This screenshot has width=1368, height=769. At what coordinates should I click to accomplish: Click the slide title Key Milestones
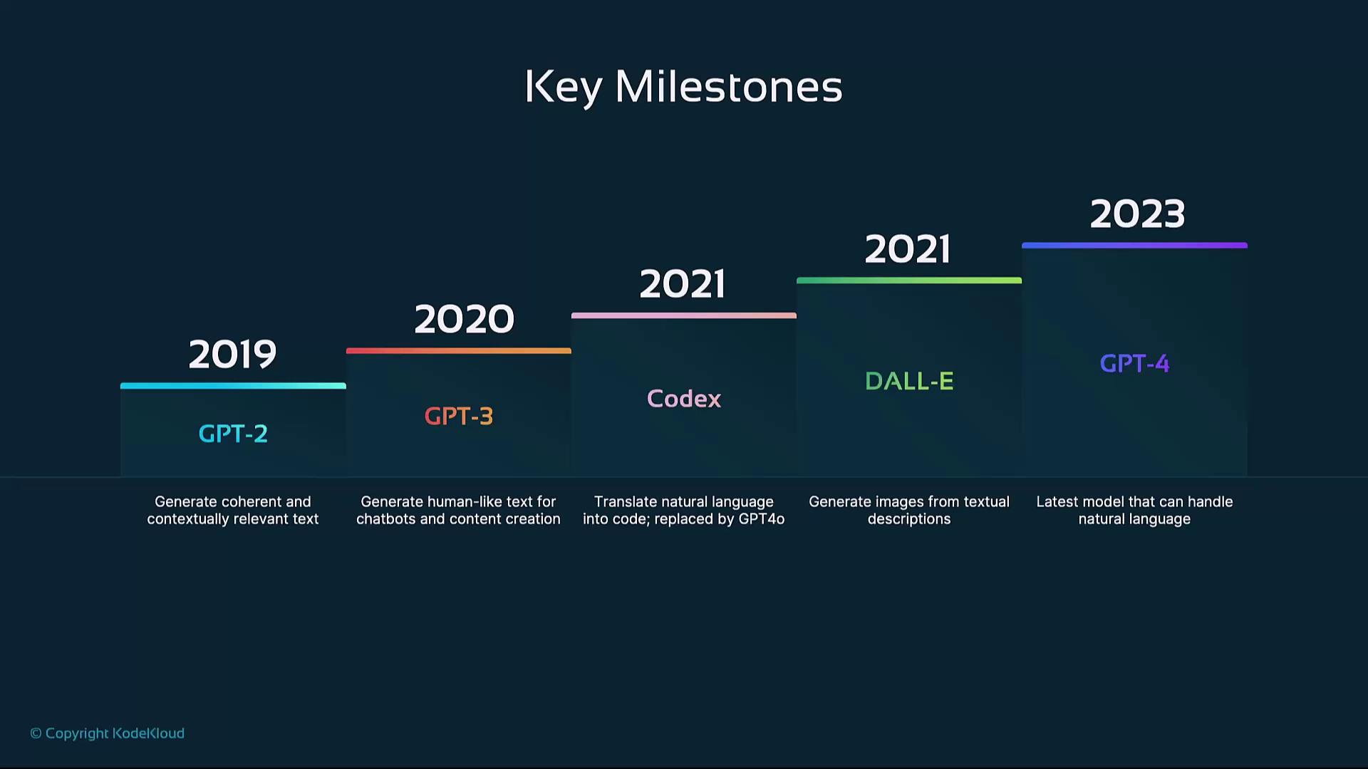coord(683,87)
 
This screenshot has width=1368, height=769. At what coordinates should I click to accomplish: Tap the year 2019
coord(232,355)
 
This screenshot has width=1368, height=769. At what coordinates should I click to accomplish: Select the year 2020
coord(464,319)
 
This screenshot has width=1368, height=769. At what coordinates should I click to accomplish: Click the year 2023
coord(1137,214)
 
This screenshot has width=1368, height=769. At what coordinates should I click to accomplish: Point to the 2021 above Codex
coord(683,284)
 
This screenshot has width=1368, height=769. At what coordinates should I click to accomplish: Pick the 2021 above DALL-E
coord(908,249)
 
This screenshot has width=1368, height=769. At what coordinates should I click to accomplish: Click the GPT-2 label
coord(233,434)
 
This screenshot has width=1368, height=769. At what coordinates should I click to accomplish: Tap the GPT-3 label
coord(458,416)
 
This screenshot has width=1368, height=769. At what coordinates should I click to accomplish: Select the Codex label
coord(684,399)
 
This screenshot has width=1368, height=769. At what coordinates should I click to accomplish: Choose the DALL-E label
coord(909,381)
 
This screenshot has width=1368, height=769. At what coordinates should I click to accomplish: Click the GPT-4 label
coord(1134,364)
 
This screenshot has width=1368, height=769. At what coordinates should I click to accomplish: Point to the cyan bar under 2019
coord(233,386)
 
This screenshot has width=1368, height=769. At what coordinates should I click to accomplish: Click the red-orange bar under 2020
coord(458,351)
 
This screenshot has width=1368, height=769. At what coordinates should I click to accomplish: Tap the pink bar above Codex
coord(684,315)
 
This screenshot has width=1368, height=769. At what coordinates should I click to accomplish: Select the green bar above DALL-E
coord(909,281)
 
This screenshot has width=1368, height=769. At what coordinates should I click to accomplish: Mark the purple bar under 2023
coord(1134,246)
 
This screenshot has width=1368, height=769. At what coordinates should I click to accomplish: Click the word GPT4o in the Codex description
coord(761,519)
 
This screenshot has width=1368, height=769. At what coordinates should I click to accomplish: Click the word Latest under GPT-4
coord(1057,502)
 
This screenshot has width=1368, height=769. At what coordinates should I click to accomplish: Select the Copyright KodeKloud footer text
coord(107,733)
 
